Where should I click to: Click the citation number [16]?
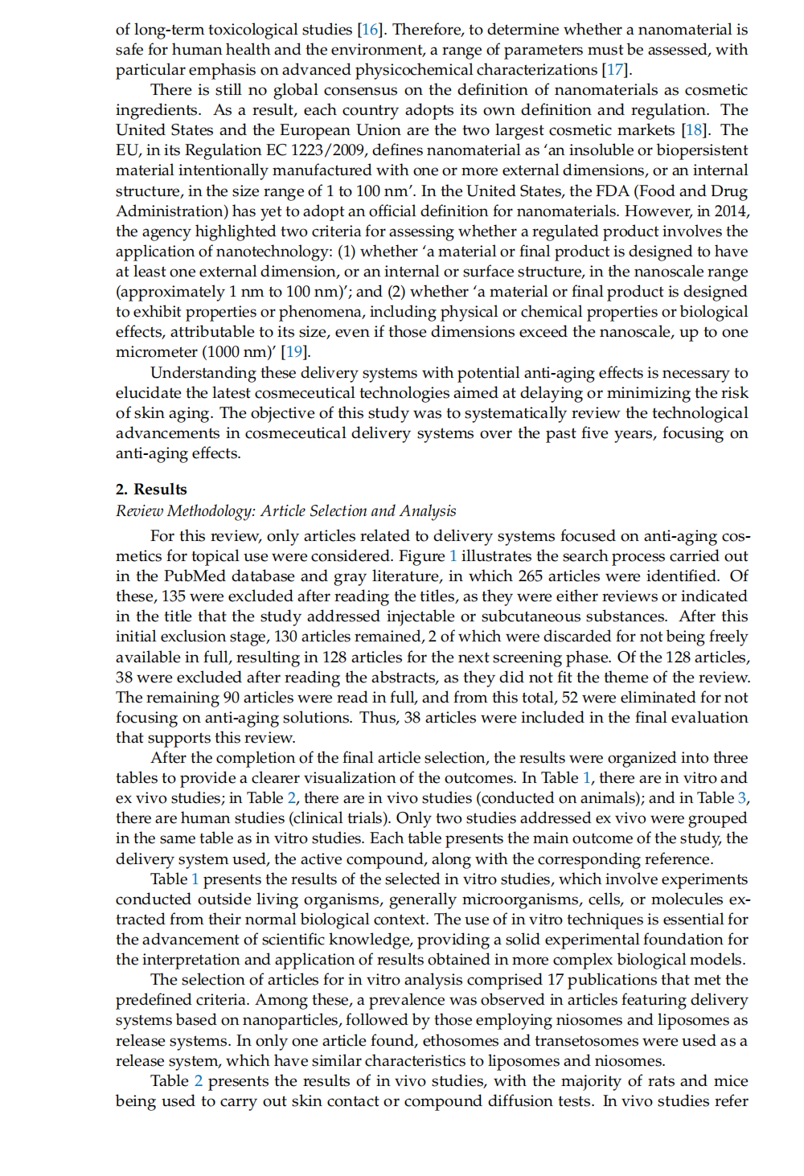370,30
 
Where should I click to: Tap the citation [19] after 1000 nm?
295,352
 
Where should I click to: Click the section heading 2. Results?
151,490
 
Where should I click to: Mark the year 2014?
730,211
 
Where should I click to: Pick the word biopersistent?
702,150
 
